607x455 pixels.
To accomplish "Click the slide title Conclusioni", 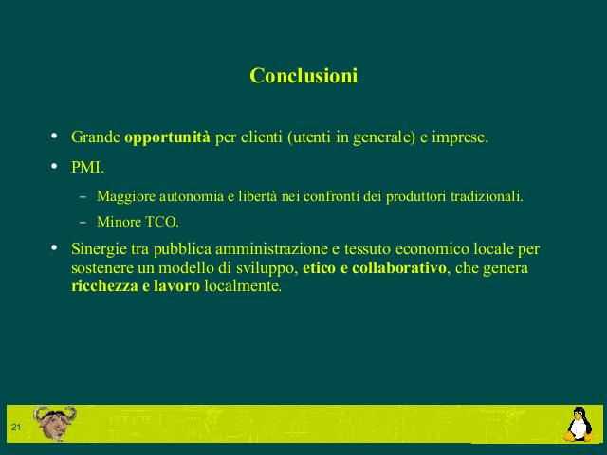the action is [x=303, y=75].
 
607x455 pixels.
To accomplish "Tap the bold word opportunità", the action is [x=167, y=137].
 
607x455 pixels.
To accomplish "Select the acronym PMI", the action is [x=87, y=168].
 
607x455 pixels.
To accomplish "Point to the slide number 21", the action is [x=16, y=428].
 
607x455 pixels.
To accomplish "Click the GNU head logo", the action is [x=55, y=423].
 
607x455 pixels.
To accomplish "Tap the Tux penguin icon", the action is [x=579, y=424].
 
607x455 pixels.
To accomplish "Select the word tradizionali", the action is [x=487, y=196].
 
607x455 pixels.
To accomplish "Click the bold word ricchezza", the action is [x=104, y=286].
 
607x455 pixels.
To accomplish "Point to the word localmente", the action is [x=243, y=286].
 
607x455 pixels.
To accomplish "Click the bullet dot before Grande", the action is [x=54, y=136].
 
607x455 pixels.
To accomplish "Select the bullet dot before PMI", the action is [x=54, y=167].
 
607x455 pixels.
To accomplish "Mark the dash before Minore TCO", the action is [x=83, y=223].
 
